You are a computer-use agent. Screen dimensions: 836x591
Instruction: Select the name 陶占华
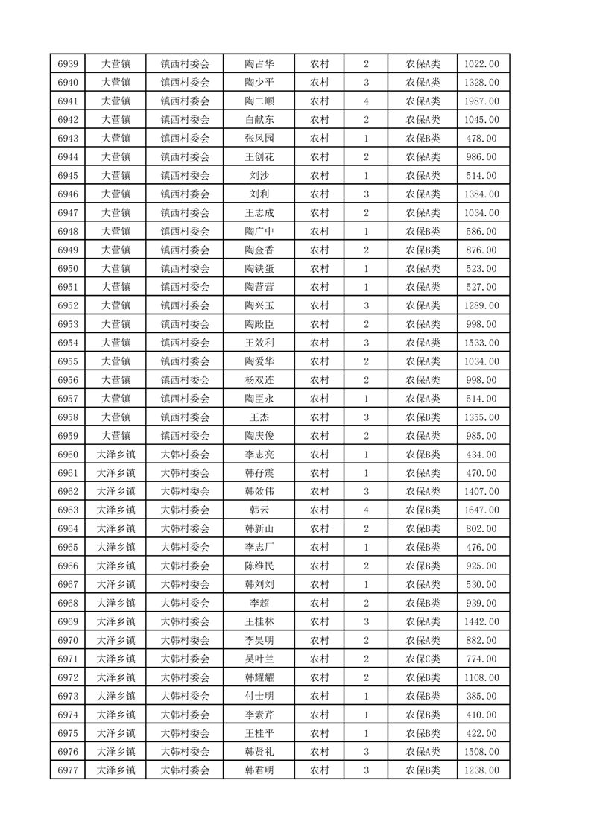[x=259, y=65]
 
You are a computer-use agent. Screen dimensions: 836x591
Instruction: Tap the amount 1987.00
[x=481, y=101]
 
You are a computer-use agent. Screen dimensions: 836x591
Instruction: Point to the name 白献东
[x=259, y=120]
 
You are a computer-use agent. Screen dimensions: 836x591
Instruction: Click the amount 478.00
[x=481, y=139]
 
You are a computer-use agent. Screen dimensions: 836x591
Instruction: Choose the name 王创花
[x=259, y=157]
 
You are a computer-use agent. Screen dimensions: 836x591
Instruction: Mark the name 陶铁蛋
[x=259, y=268]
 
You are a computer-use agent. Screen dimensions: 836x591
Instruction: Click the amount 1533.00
[x=481, y=343]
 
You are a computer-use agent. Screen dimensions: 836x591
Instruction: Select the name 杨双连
[x=259, y=380]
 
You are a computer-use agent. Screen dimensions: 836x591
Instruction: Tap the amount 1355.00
[x=481, y=417]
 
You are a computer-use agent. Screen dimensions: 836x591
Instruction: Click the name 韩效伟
[x=259, y=491]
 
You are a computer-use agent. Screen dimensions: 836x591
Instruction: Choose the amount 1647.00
[x=481, y=510]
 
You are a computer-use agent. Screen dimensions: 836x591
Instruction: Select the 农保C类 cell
[x=423, y=659]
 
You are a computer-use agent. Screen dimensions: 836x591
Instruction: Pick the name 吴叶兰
[x=259, y=659]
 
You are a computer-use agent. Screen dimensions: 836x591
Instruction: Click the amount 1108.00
[x=481, y=677]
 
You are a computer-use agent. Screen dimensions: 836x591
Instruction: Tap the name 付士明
[x=259, y=696]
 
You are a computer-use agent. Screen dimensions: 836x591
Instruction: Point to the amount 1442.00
[x=481, y=621]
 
